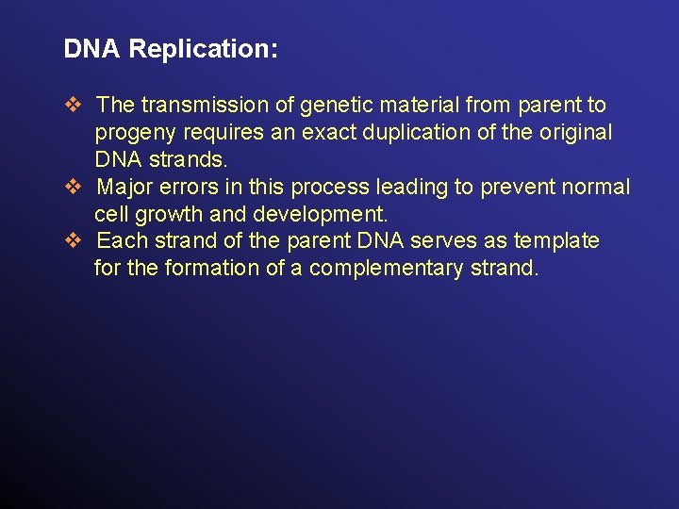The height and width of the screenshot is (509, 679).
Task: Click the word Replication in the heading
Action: tap(203, 50)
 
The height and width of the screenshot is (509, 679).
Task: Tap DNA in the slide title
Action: tap(92, 49)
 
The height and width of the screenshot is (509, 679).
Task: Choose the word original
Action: tap(574, 132)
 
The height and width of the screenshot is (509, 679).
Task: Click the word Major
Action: tap(127, 187)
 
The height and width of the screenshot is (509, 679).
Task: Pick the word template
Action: tap(556, 240)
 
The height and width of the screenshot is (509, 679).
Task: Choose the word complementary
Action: tap(384, 269)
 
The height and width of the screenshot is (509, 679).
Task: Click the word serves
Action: tap(450, 240)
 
